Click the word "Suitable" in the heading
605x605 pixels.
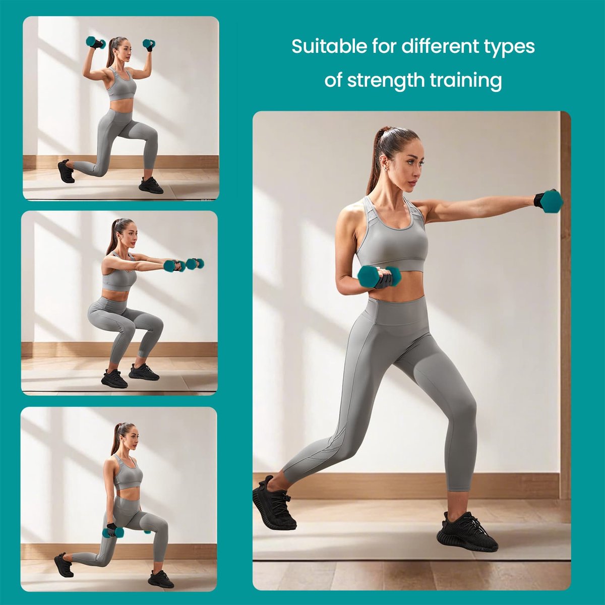[x=329, y=46]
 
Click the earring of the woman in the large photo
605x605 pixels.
[x=386, y=168]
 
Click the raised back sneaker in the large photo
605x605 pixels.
[x=273, y=505]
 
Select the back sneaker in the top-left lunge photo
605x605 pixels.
[x=66, y=171]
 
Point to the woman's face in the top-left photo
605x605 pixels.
[x=125, y=50]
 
